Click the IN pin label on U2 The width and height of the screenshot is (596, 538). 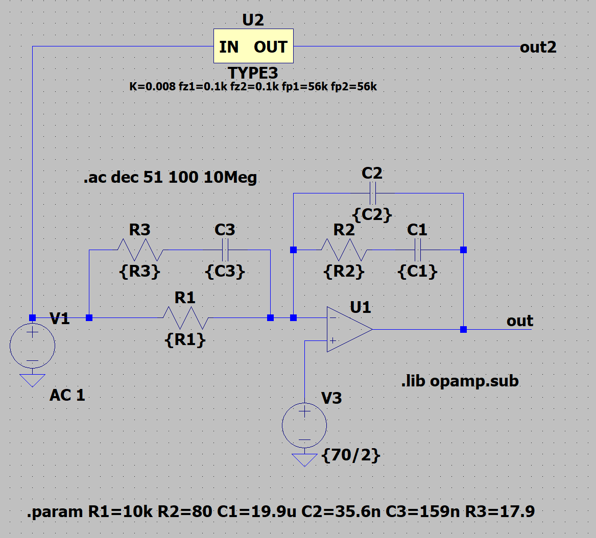tap(229, 47)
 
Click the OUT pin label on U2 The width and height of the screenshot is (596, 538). tap(271, 47)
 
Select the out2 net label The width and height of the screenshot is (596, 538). tap(538, 48)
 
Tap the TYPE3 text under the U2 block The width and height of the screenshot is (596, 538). tap(253, 74)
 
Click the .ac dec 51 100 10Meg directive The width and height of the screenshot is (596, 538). tap(170, 178)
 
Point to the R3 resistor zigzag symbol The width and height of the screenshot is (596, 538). tap(140, 250)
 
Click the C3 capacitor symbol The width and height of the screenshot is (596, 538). tap(225, 250)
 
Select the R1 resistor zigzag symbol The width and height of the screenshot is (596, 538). tap(185, 317)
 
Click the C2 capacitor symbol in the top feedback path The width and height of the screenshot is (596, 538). tap(372, 193)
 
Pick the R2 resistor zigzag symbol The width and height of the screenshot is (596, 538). tap(344, 250)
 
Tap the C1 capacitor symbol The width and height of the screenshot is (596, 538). tap(417, 250)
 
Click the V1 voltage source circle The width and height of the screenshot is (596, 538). tap(32, 347)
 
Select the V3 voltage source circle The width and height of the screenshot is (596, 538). tap(304, 425)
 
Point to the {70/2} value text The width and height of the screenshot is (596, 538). tap(352, 455)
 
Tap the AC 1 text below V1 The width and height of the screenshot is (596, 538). tap(67, 395)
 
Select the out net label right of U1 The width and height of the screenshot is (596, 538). tap(520, 321)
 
